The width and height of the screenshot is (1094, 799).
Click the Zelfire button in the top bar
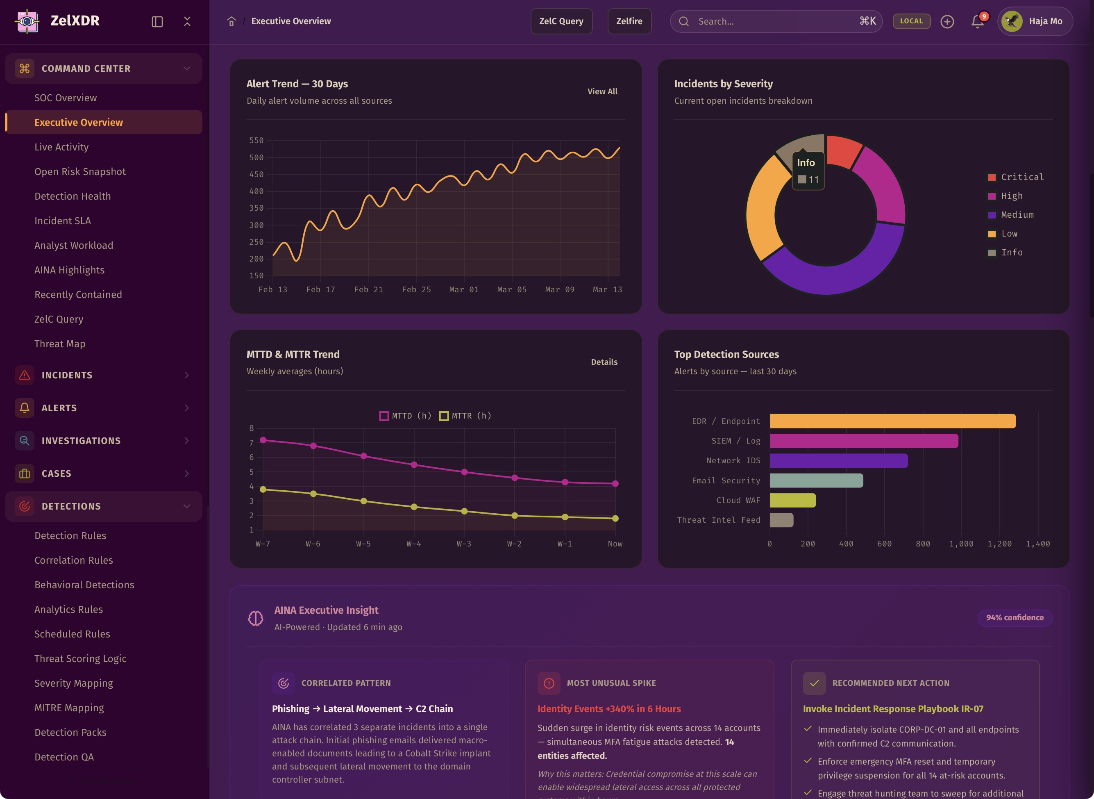click(x=629, y=21)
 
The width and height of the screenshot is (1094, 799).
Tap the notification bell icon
click(x=977, y=21)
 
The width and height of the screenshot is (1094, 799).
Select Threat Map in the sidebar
click(x=59, y=344)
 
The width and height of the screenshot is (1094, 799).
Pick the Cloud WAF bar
click(x=792, y=500)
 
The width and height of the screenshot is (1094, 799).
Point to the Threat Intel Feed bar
click(x=781, y=520)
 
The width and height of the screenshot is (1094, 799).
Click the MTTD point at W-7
click(x=263, y=440)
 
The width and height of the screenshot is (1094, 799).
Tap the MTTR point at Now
click(x=615, y=519)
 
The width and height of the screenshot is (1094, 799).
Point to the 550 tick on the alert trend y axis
click(x=256, y=141)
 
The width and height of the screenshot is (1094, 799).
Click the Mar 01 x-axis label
click(x=463, y=290)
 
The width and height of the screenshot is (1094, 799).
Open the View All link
click(x=602, y=91)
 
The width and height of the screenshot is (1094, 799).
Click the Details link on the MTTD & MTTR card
click(x=604, y=362)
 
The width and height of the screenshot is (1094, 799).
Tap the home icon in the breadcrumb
click(x=231, y=21)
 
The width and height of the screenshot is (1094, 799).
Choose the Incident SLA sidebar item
click(x=62, y=221)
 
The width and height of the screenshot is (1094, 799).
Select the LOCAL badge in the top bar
click(x=911, y=21)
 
